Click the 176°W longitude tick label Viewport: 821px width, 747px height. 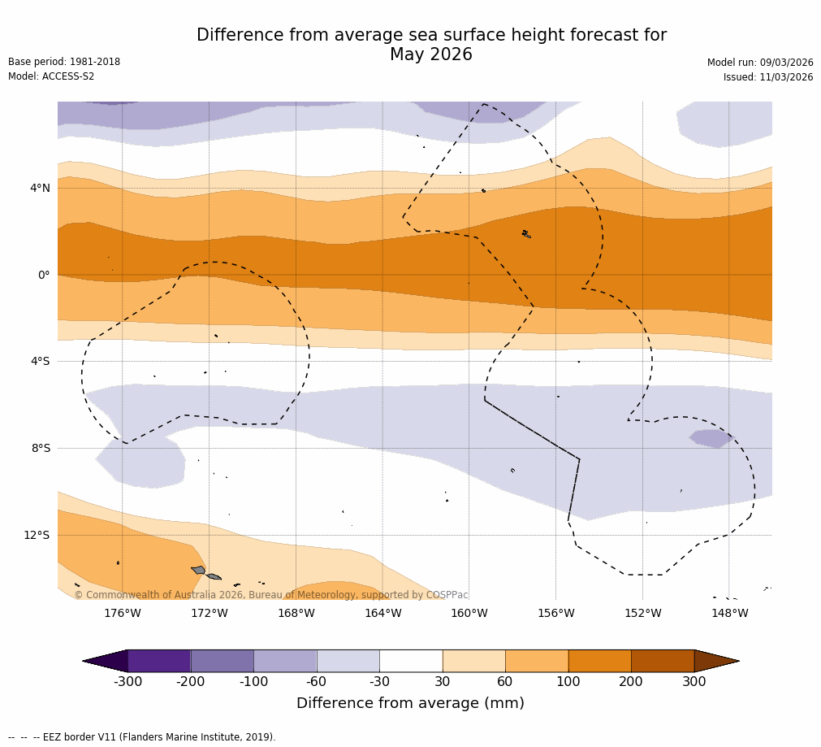(x=122, y=613)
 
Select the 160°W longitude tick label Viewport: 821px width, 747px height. (x=469, y=613)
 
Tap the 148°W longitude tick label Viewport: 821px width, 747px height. (x=729, y=613)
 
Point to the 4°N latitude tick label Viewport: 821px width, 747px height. (x=40, y=188)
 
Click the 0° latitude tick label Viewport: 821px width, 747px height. (x=44, y=275)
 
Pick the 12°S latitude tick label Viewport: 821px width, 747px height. (x=37, y=535)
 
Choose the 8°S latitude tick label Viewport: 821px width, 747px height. (x=41, y=448)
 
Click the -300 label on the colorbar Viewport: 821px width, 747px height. (x=127, y=682)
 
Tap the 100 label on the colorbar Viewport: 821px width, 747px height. (x=568, y=682)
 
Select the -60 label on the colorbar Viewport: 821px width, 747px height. (x=316, y=682)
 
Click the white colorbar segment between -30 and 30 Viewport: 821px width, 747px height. (x=411, y=661)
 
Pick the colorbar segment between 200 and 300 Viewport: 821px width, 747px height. (x=663, y=661)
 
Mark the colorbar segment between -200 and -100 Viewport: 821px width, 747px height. (x=222, y=661)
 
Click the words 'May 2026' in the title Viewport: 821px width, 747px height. (x=431, y=55)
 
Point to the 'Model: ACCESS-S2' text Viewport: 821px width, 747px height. (x=51, y=76)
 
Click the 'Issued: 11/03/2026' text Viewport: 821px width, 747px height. (x=768, y=77)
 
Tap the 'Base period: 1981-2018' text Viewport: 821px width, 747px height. (x=64, y=62)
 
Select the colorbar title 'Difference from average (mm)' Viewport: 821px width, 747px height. (x=410, y=703)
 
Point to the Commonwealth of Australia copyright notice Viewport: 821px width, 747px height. (x=271, y=595)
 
